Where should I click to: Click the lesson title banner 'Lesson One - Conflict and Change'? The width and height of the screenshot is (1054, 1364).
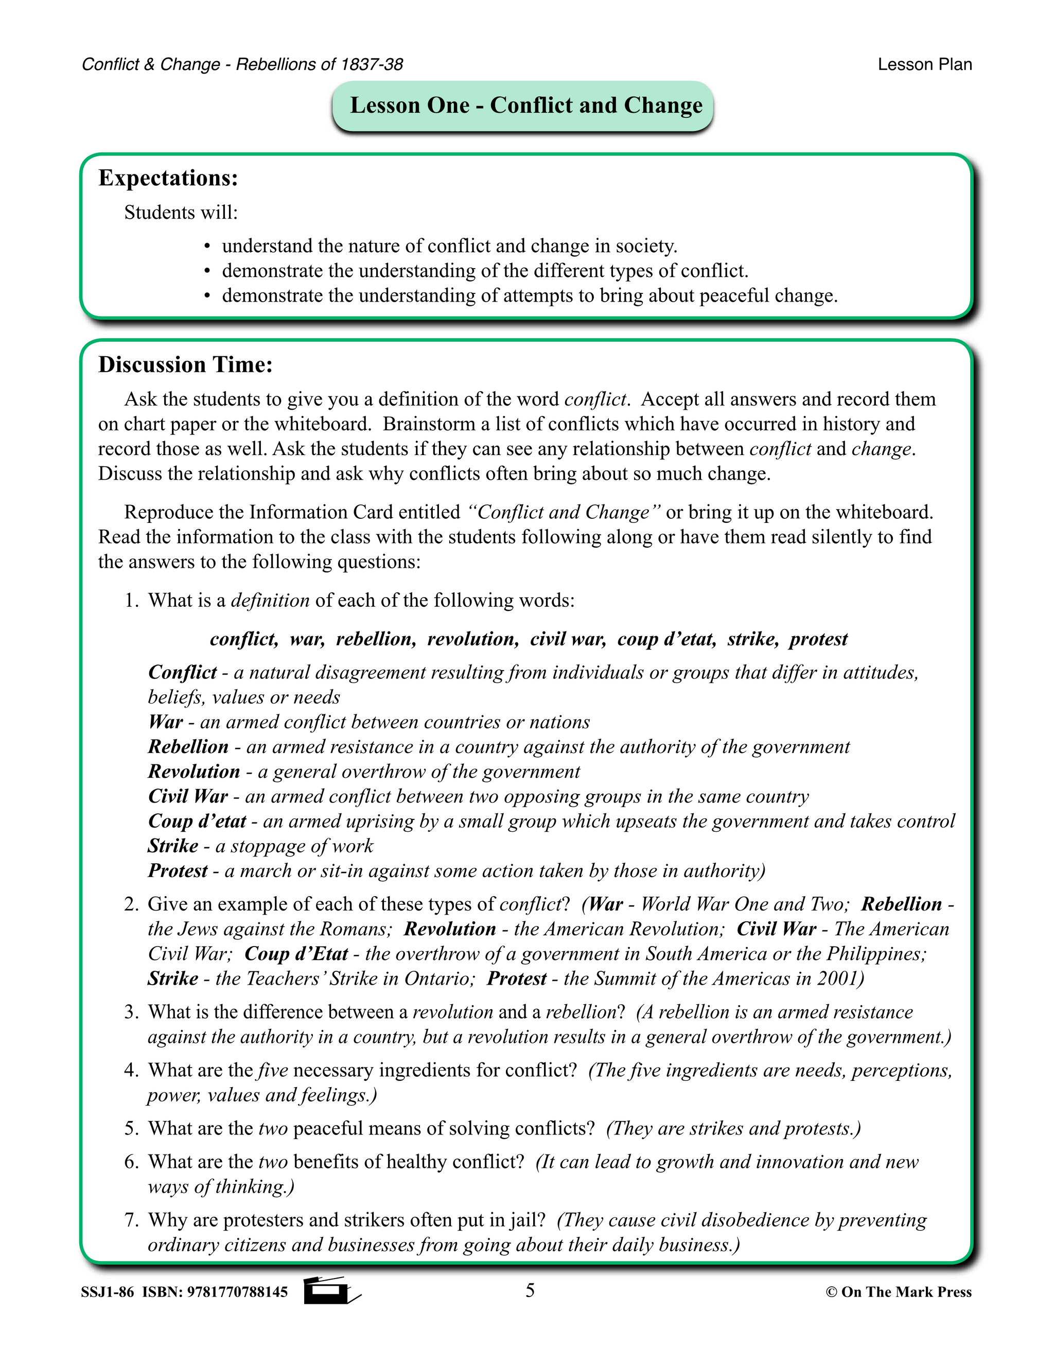click(526, 105)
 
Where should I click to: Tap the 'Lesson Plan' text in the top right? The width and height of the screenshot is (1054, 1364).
click(924, 64)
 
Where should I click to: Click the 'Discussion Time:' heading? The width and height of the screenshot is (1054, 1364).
click(185, 365)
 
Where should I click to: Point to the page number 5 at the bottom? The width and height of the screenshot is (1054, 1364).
click(530, 1290)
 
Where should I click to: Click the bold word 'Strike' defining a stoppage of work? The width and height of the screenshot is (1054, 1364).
click(173, 846)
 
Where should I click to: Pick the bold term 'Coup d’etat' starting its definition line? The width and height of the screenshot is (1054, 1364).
click(197, 820)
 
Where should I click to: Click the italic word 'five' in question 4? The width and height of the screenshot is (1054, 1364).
click(272, 1070)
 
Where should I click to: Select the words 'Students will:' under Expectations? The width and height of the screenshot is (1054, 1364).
click(181, 213)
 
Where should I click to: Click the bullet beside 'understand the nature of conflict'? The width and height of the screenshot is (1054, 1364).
click(207, 247)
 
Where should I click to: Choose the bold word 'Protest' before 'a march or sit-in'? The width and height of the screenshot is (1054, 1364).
click(178, 870)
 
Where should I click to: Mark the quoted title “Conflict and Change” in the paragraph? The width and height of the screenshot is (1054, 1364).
click(565, 512)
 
